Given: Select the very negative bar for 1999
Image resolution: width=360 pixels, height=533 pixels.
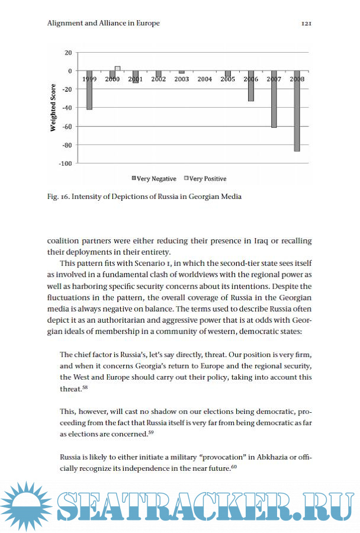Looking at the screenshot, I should coord(89,90).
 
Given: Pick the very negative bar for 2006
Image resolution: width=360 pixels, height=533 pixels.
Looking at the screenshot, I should coord(251,86).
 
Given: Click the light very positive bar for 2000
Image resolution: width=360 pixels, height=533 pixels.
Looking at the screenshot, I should coord(118,68).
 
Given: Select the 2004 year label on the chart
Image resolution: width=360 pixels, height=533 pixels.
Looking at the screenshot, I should coord(205,79).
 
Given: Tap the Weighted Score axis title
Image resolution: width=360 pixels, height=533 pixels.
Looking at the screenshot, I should coord(53,108).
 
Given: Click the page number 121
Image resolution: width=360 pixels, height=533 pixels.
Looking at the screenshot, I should coord(306,24).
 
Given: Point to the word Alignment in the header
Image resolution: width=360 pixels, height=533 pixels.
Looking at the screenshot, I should coord(65,24).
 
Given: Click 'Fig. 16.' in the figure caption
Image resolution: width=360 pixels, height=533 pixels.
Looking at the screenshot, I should coord(58,197).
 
